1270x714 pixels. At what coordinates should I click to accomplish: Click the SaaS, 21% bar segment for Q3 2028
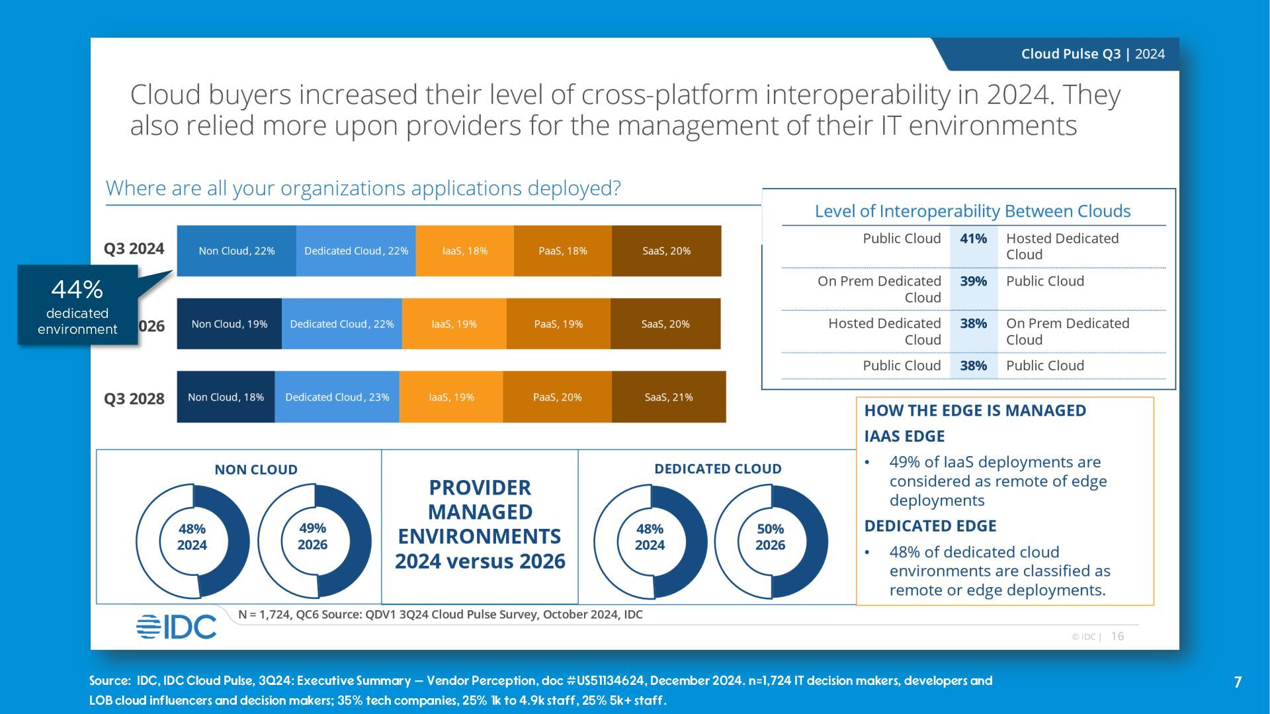pos(669,397)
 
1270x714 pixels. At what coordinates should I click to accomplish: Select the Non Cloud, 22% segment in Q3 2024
pos(236,251)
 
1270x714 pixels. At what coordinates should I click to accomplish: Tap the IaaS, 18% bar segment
pos(464,251)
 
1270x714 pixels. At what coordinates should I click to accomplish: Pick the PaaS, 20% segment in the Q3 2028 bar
pos(557,397)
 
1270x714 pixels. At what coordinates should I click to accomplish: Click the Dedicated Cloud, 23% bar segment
pos(337,397)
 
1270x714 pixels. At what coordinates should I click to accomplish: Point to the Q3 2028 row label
pos(134,399)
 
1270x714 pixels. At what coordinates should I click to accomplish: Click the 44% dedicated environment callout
pos(77,305)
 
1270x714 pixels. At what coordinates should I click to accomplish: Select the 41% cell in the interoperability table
pos(973,239)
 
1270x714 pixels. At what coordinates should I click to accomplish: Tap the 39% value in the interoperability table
pos(973,281)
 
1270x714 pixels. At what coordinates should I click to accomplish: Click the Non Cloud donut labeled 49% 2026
pos(314,541)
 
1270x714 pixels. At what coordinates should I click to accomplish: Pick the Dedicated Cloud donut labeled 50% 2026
pos(771,541)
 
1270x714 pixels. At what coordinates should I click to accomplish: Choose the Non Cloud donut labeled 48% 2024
pos(192,541)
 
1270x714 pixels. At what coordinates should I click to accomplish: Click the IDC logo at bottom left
pos(176,626)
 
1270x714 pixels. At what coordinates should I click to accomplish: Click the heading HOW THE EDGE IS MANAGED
pos(975,411)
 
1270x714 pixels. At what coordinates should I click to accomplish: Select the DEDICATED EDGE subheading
pos(930,526)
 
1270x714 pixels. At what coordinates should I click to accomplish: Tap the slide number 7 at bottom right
pos(1238,682)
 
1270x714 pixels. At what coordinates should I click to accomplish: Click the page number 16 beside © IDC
pos(1117,636)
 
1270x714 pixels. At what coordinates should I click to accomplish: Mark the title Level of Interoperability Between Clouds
pos(972,211)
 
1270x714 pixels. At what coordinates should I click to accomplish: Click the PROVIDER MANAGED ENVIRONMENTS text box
pos(480,524)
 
